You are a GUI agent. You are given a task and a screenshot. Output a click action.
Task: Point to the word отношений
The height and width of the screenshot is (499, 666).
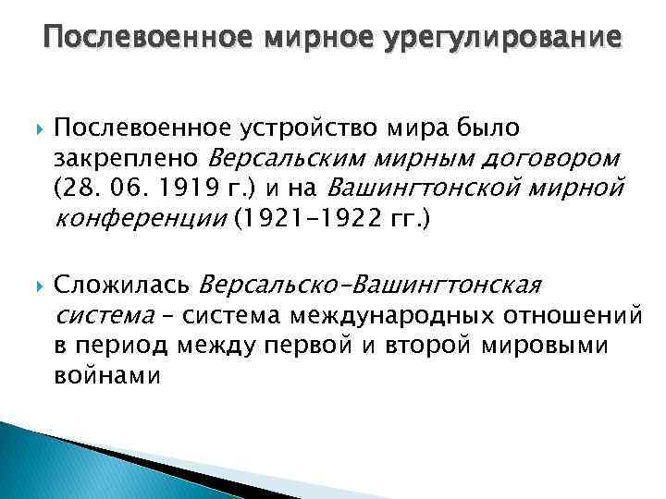point(573,316)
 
